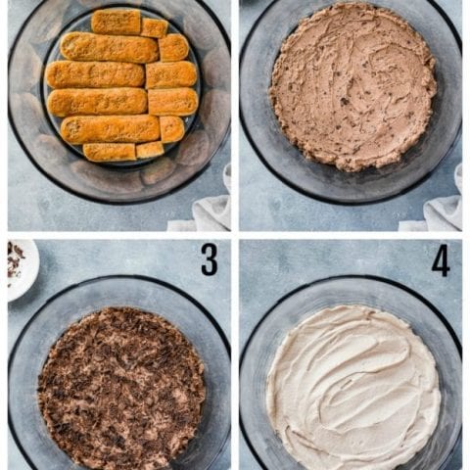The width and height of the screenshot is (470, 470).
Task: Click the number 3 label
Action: [x=210, y=259]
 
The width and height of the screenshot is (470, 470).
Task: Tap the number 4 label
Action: [x=441, y=260]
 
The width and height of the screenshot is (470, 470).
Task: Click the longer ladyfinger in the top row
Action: [x=116, y=22]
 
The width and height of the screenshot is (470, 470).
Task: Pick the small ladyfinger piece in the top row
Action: [x=154, y=27]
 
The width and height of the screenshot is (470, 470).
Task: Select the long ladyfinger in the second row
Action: [x=110, y=48]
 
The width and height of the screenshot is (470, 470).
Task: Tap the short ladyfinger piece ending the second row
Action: [x=173, y=48]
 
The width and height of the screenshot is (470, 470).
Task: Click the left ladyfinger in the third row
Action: [x=95, y=74]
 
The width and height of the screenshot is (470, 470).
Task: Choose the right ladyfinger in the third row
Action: [x=171, y=74]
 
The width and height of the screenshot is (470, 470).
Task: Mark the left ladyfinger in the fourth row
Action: [x=97, y=102]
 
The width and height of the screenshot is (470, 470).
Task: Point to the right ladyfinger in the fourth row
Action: [x=173, y=102]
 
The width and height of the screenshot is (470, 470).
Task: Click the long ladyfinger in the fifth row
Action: [x=111, y=129]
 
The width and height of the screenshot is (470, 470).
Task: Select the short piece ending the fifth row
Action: [x=172, y=129]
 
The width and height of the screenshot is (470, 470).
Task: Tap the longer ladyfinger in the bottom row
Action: [x=110, y=152]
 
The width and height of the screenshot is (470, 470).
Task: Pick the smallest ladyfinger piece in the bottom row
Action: [x=150, y=150]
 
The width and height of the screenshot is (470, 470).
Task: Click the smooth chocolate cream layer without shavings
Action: [x=353, y=86]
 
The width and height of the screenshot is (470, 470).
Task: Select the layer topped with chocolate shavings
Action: [x=121, y=389]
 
